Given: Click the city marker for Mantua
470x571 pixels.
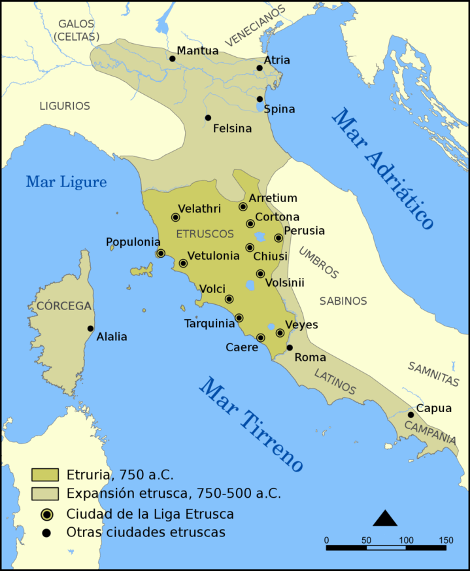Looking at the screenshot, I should (x=173, y=59).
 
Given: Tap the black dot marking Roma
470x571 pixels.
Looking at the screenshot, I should (x=290, y=348).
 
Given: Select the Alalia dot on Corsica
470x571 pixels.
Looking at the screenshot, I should (x=90, y=328).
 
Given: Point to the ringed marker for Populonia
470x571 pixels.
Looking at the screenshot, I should (x=160, y=253).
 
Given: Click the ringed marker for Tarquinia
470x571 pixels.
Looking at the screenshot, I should (x=239, y=318).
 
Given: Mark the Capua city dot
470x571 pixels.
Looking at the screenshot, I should (x=411, y=415).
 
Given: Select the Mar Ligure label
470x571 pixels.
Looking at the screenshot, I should (x=66, y=182).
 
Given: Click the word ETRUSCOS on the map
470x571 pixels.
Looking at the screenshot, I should (x=205, y=234).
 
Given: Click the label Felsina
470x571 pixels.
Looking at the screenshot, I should (x=232, y=129).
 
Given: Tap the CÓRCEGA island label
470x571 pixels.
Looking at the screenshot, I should (x=64, y=305).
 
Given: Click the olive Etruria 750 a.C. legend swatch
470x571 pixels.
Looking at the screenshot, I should (x=46, y=475).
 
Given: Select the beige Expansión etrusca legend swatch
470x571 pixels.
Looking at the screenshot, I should (x=46, y=493).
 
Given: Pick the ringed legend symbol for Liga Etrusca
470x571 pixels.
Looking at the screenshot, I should (x=46, y=513).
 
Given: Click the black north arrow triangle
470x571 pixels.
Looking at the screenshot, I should (x=384, y=518).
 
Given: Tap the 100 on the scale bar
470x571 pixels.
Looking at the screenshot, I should (x=406, y=540).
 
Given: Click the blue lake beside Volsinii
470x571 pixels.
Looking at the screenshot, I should (x=250, y=285).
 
